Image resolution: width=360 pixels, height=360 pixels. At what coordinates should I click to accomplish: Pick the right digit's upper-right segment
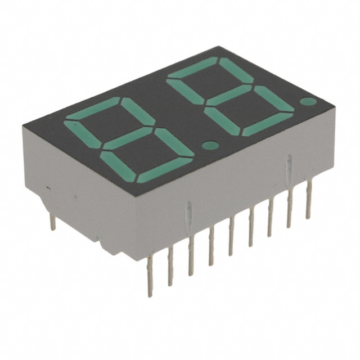pyautogui.click(x=234, y=71)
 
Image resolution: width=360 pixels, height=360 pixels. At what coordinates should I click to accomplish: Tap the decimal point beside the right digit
pyautogui.click(x=307, y=102)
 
